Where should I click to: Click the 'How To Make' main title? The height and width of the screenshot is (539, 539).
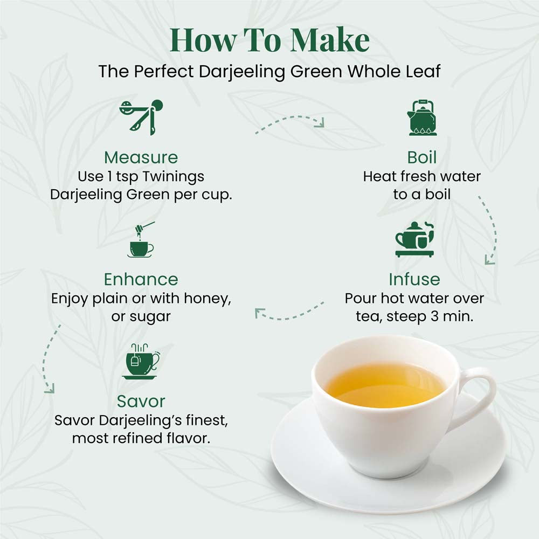pyautogui.click(x=269, y=40)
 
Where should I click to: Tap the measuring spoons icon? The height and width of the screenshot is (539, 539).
pyautogui.click(x=141, y=117)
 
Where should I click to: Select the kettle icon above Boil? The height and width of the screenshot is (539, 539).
pyautogui.click(x=422, y=118)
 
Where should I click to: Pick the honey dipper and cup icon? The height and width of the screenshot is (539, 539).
pyautogui.click(x=141, y=240)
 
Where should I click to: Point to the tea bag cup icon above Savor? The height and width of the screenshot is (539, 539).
pyautogui.click(x=141, y=361)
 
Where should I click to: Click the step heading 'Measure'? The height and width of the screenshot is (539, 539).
pyautogui.click(x=141, y=157)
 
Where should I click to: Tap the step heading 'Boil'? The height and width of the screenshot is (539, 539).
pyautogui.click(x=422, y=157)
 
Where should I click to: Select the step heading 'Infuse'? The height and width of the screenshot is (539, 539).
pyautogui.click(x=414, y=279)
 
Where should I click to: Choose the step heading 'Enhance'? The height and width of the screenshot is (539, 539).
pyautogui.click(x=141, y=279)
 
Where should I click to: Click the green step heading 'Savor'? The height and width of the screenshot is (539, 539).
pyautogui.click(x=141, y=401)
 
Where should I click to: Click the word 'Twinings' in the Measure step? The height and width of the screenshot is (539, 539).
pyautogui.click(x=174, y=177)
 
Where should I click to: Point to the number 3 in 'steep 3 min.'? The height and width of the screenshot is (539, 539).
pyautogui.click(x=434, y=316)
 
